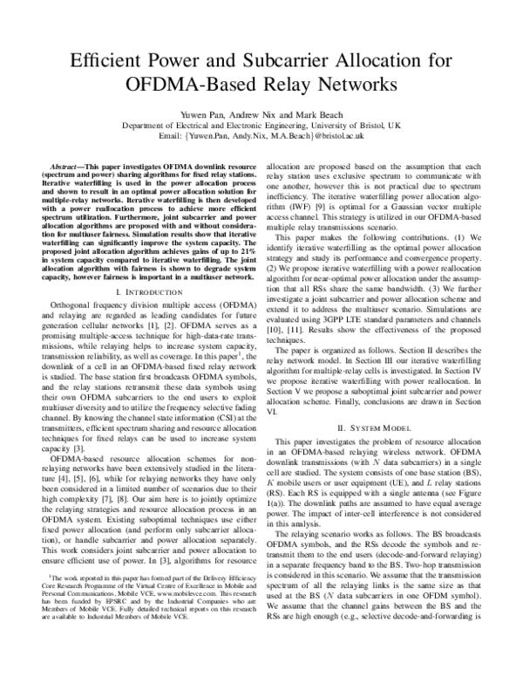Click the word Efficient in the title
(103, 62)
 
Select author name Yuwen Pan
(187, 114)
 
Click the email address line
(261, 137)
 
